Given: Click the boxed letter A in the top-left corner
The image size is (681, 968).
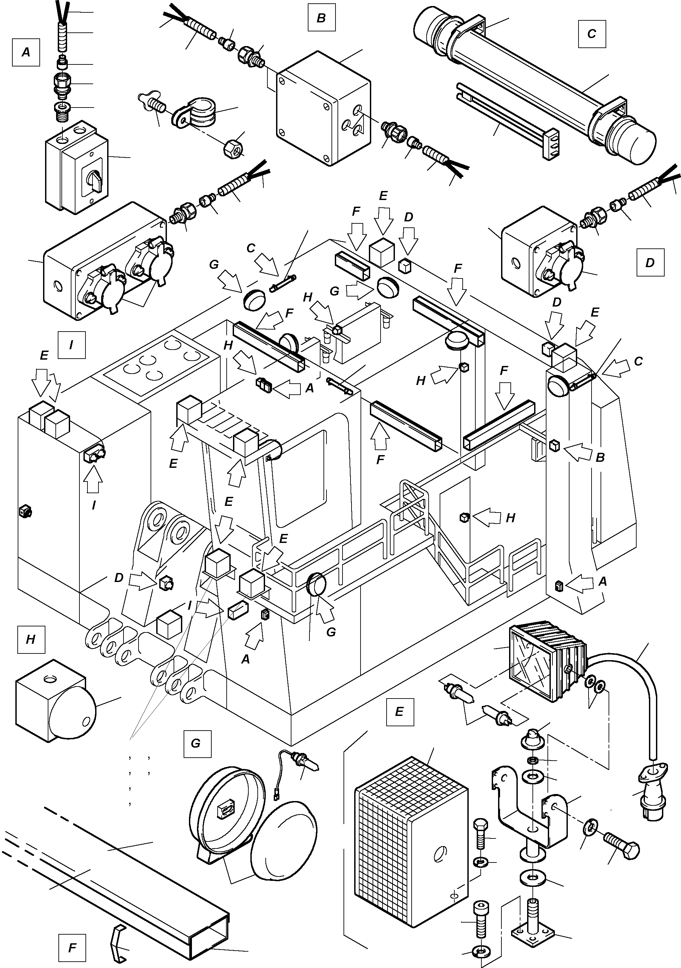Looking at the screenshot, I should [x=26, y=52].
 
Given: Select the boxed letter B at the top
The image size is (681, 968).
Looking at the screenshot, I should [x=321, y=18].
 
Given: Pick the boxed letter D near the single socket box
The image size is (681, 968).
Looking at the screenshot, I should [x=650, y=262].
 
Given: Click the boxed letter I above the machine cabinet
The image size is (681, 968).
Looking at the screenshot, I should [x=71, y=345].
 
